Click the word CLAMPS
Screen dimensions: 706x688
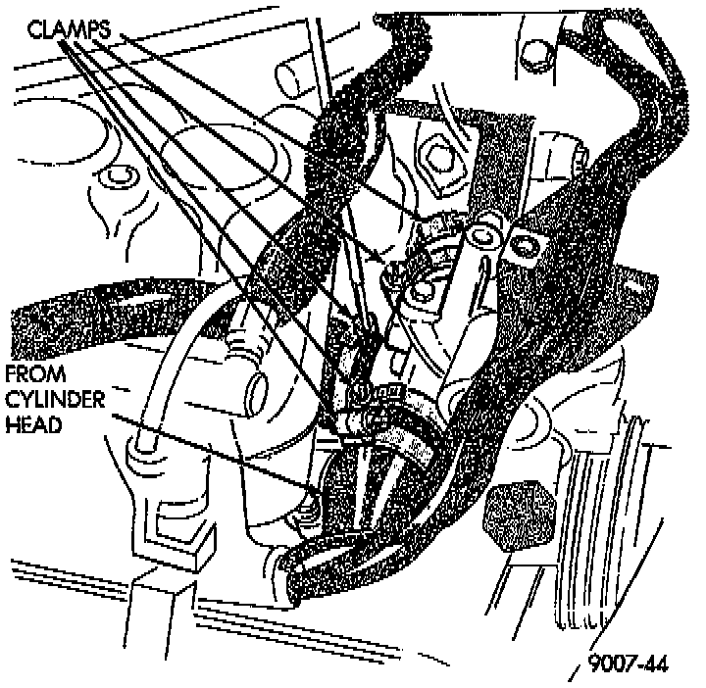coord(66,28)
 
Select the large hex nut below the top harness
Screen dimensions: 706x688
coord(436,154)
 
